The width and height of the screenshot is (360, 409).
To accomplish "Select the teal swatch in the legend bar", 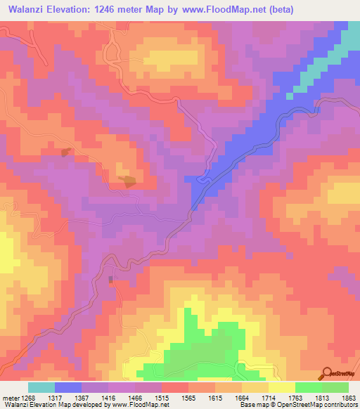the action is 41,387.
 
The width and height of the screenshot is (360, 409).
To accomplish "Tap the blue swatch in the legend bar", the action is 68,387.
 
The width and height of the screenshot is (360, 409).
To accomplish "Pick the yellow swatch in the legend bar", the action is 282,387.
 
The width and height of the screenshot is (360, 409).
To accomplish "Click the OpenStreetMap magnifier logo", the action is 326,372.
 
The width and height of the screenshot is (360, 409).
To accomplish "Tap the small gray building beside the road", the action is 110,280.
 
